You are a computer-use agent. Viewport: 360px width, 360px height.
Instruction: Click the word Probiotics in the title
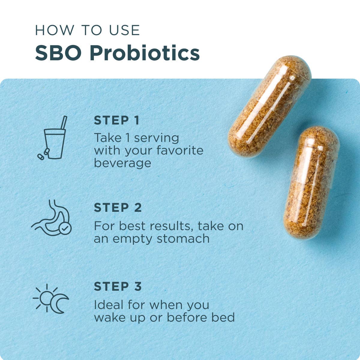(145, 53)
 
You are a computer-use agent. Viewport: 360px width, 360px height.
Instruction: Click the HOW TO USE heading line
(87, 31)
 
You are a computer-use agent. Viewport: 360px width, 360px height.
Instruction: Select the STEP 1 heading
(117, 120)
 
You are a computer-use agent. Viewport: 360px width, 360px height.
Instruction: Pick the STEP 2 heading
(118, 208)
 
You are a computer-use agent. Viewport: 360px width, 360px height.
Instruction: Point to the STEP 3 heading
(118, 286)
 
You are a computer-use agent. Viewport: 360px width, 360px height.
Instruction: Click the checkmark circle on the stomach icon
(65, 229)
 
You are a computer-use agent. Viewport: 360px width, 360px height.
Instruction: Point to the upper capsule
(269, 106)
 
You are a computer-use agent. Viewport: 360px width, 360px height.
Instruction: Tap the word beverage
(122, 163)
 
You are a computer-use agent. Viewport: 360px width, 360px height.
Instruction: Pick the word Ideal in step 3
(109, 305)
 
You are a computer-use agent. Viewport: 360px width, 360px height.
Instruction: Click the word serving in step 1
(156, 138)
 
